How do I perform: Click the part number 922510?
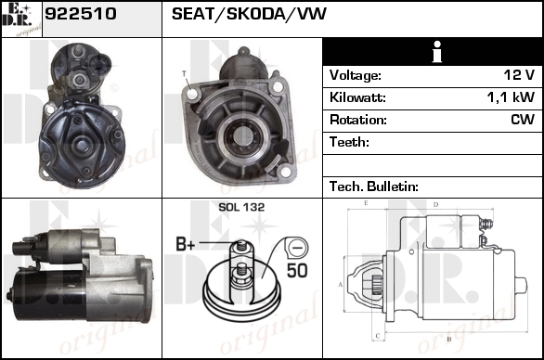(x=81, y=14)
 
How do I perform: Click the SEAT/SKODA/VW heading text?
(x=249, y=14)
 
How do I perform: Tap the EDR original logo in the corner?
(x=21, y=19)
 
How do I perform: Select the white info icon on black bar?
(x=437, y=52)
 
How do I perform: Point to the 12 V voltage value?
(x=519, y=75)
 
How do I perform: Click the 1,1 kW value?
(x=511, y=97)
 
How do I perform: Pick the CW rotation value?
(x=523, y=120)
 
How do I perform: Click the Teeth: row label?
(x=349, y=142)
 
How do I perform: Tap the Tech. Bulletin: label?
(x=374, y=186)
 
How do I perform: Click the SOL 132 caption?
(x=241, y=207)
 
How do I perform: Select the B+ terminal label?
(x=186, y=244)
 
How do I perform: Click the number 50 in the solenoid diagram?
(x=297, y=270)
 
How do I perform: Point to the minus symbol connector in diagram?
(x=296, y=248)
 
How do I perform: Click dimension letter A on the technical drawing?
(x=341, y=285)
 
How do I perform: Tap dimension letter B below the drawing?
(x=448, y=339)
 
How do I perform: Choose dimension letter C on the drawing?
(x=378, y=336)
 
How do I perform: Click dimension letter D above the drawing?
(x=436, y=205)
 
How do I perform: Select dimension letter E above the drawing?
(x=366, y=203)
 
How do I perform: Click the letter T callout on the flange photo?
(x=184, y=73)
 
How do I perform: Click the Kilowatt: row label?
(x=357, y=97)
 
